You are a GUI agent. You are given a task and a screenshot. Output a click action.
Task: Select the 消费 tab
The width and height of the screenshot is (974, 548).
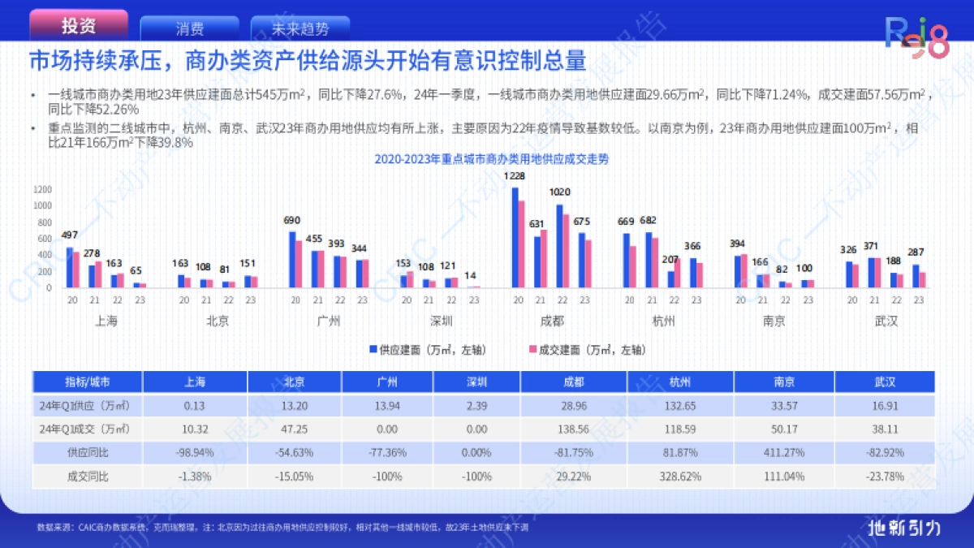click(189, 29)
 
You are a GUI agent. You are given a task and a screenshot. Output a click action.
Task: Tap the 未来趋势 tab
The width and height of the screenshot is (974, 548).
click(300, 29)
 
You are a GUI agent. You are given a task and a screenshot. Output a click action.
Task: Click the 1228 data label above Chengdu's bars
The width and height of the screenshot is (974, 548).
click(514, 176)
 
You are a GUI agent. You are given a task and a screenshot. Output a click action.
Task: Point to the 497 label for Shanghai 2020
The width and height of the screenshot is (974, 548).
click(71, 235)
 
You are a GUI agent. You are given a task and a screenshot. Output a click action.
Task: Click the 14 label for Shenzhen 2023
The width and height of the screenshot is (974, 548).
click(472, 275)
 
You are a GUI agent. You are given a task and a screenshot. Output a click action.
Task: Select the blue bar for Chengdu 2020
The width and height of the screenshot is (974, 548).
click(515, 237)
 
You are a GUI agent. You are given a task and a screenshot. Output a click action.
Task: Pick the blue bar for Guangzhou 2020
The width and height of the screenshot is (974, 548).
click(292, 259)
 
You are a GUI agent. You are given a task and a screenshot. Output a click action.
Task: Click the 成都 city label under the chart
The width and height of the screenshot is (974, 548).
click(552, 321)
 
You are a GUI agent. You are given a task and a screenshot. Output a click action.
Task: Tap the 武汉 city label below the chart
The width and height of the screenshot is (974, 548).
click(886, 321)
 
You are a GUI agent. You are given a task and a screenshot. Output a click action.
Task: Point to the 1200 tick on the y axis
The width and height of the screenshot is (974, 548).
click(42, 189)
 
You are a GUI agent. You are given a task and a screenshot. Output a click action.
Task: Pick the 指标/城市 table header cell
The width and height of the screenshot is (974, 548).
click(88, 382)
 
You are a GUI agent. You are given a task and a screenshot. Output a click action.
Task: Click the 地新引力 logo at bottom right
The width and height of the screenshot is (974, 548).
click(903, 527)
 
